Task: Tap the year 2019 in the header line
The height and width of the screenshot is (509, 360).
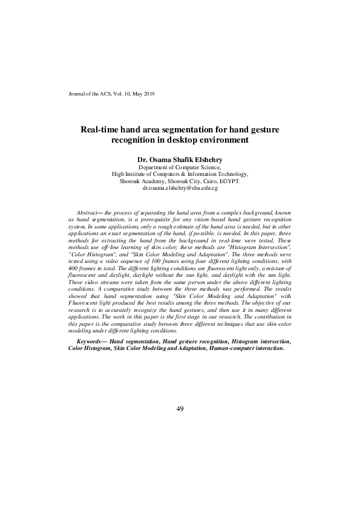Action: pyautogui.click(x=149, y=94)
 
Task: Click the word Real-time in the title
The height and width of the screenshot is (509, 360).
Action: pyautogui.click(x=100, y=129)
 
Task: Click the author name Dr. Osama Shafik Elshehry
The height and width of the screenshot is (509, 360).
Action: pyautogui.click(x=180, y=160)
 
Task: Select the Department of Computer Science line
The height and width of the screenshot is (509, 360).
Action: pyautogui.click(x=180, y=167)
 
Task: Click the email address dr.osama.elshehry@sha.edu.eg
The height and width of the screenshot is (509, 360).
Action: pyautogui.click(x=180, y=188)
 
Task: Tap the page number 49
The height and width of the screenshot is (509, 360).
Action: pyautogui.click(x=180, y=410)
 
